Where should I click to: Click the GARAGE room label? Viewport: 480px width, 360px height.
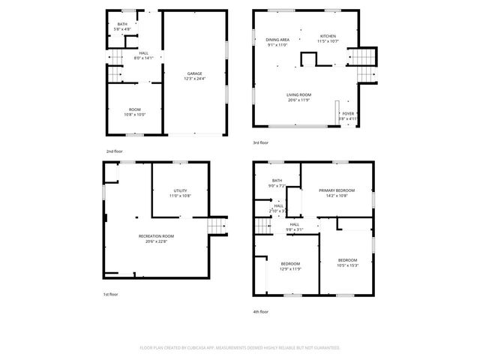pyautogui.click(x=193, y=73)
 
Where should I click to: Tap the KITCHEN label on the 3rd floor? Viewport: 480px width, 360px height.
pyautogui.click(x=328, y=36)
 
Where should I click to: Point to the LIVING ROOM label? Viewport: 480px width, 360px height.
pyautogui.click(x=298, y=94)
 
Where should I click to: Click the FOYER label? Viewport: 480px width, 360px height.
pyautogui.click(x=348, y=113)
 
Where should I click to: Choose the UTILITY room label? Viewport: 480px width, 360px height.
pyautogui.click(x=179, y=191)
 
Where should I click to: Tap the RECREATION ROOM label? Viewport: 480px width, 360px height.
pyautogui.click(x=156, y=236)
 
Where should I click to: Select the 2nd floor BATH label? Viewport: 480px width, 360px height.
pyautogui.click(x=122, y=24)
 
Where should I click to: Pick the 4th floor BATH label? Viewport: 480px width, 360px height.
pyautogui.click(x=277, y=180)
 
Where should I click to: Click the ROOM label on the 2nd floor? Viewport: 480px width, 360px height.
pyautogui.click(x=135, y=109)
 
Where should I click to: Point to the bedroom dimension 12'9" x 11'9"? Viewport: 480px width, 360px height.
pyautogui.click(x=290, y=268)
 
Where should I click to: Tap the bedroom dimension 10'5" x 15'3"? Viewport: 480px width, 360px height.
pyautogui.click(x=348, y=265)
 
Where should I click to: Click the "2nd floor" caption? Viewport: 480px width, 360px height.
pyautogui.click(x=114, y=152)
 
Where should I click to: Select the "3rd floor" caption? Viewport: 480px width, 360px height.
pyautogui.click(x=260, y=142)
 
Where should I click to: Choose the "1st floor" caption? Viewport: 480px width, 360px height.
pyautogui.click(x=110, y=294)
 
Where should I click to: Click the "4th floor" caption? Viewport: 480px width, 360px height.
pyautogui.click(x=260, y=311)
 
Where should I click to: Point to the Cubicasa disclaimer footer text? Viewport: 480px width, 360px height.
pyautogui.click(x=240, y=348)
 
